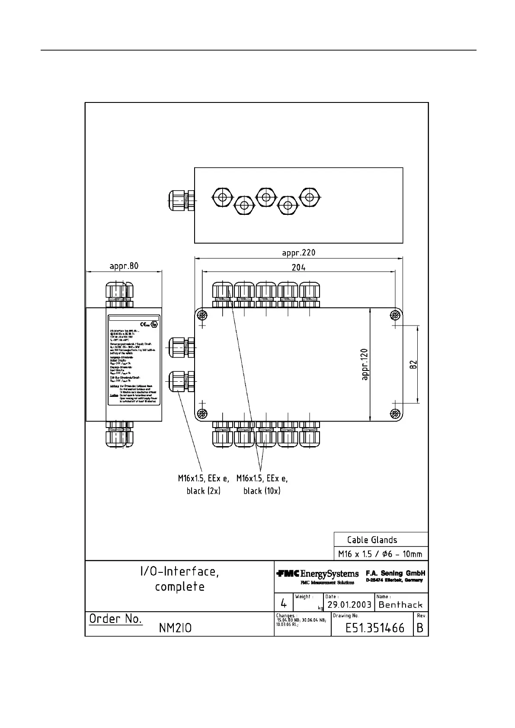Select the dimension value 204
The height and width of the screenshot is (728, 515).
pos(298,267)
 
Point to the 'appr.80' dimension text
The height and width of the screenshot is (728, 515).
pos(124,265)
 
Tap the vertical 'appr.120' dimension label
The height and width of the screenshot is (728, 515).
pos(365,364)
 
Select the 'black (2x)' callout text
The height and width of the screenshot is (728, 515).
pos(203,491)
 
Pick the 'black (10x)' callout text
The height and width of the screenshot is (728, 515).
pos(262,491)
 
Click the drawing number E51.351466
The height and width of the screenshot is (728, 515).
pos(375,628)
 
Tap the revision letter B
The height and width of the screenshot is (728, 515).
pos(420,628)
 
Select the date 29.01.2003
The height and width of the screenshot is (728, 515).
pos(349,604)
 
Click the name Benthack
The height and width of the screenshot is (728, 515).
pos(400,604)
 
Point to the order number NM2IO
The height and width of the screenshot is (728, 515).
pos(175,628)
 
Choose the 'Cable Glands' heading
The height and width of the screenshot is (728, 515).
pos(372,540)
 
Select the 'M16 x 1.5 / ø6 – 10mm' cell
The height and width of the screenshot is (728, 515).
pos(380,554)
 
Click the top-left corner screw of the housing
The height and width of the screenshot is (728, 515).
pos(202,315)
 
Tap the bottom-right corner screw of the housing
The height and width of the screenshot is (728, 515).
pos(395,414)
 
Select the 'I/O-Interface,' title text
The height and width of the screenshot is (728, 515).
pos(179,572)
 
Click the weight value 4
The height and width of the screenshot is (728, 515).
pos(284,603)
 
